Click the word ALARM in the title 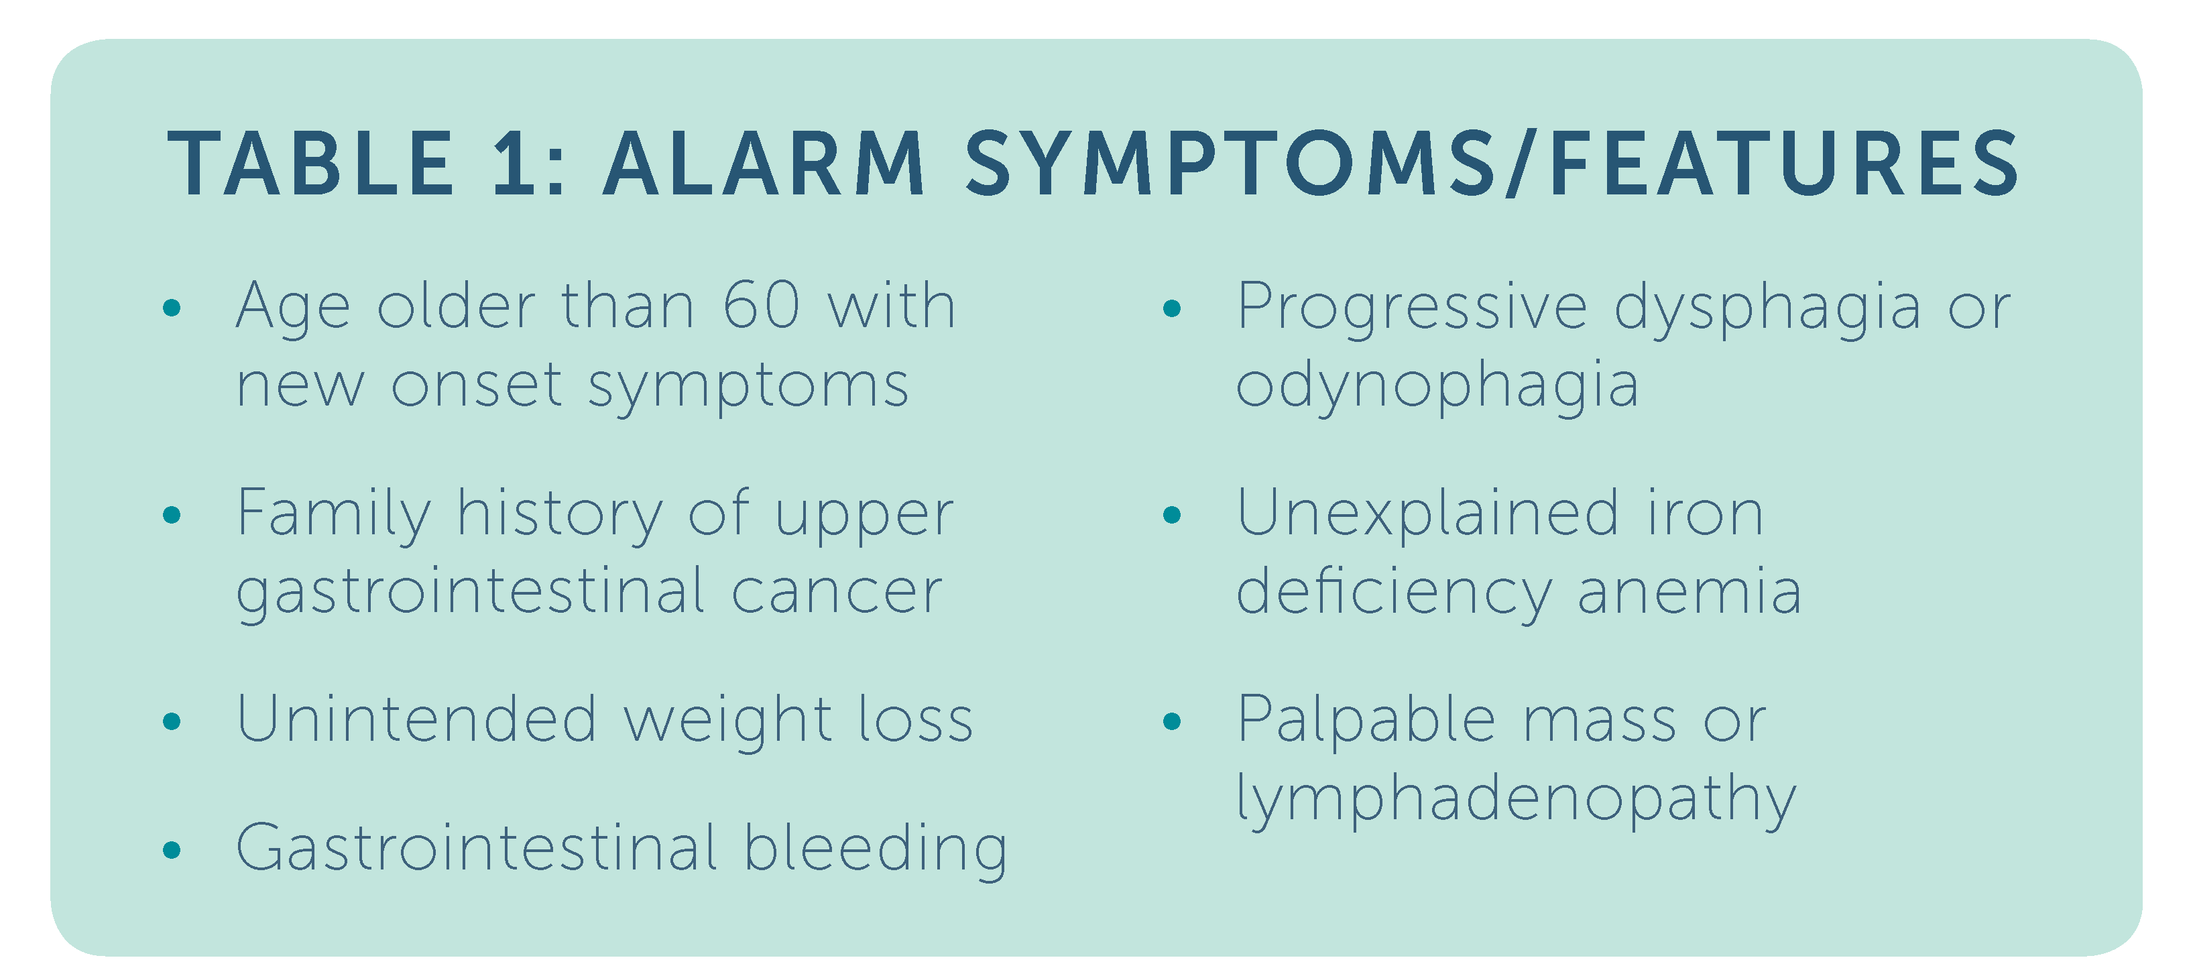[764, 164]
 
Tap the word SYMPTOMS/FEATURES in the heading [1492, 164]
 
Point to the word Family [334, 515]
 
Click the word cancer [837, 593]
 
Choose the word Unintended [417, 719]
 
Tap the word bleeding [876, 849]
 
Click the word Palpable [1366, 720]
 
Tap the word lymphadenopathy [1517, 798]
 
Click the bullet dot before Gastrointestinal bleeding [172, 849]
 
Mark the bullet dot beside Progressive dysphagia [1173, 308]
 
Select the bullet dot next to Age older [172, 308]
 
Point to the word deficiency [1394, 593]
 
